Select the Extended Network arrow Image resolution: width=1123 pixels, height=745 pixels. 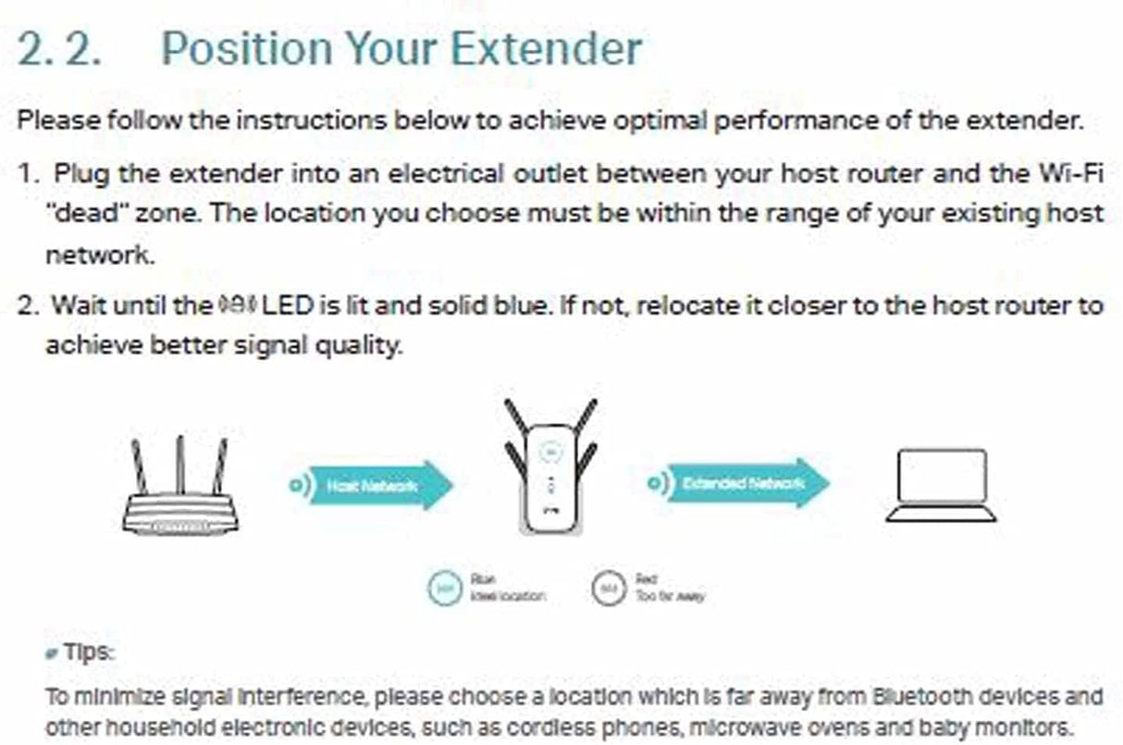pyautogui.click(x=745, y=483)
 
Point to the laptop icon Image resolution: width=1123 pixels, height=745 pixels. pyautogui.click(x=941, y=487)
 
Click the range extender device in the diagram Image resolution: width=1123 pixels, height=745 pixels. pyautogui.click(x=549, y=477)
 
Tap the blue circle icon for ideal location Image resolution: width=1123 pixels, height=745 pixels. pyautogui.click(x=445, y=588)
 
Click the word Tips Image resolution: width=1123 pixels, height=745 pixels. pyautogui.click(x=89, y=653)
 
